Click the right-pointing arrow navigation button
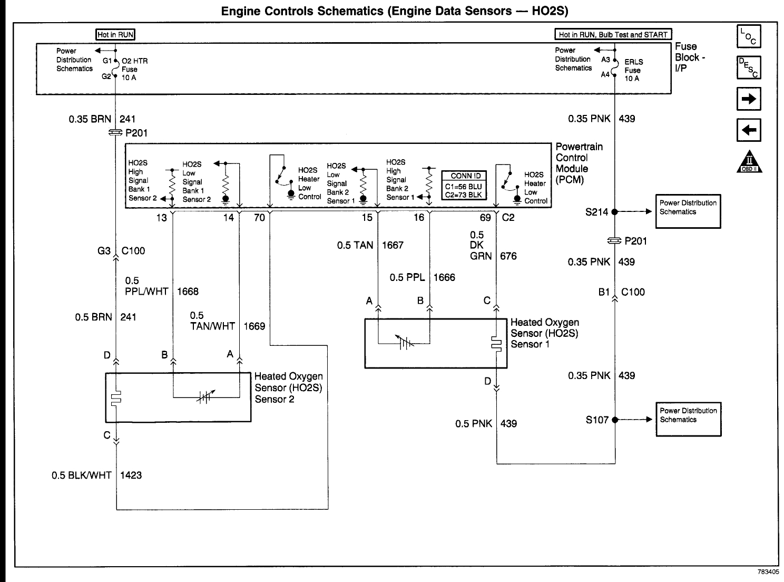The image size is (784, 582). [749, 99]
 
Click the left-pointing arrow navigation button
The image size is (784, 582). [749, 130]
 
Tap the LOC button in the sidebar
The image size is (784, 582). [749, 36]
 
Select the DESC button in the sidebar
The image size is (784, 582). [749, 67]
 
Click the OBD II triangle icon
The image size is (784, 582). [749, 162]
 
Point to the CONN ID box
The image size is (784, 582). [464, 186]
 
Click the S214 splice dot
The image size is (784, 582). [615, 212]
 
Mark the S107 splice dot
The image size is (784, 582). [615, 420]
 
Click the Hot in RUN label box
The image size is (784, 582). [115, 35]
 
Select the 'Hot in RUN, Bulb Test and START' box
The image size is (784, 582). [613, 34]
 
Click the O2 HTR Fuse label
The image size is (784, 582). [134, 70]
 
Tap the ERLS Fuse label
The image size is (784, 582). [633, 70]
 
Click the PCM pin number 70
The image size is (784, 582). [259, 218]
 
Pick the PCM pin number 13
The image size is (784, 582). [162, 218]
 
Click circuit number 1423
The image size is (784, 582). [131, 475]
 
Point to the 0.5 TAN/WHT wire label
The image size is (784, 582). [212, 321]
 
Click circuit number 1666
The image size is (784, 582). [444, 277]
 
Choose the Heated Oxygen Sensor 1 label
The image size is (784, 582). [545, 333]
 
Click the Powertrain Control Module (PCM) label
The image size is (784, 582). [579, 163]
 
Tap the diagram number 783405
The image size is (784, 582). [768, 572]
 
